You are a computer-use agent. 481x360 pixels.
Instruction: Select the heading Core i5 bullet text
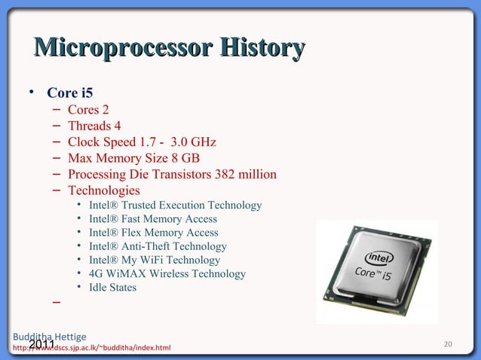tap(70, 94)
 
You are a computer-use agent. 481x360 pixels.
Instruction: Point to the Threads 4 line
tap(94, 126)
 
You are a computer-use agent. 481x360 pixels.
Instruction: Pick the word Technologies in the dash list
tap(104, 191)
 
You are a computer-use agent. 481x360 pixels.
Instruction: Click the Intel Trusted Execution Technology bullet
tap(175, 206)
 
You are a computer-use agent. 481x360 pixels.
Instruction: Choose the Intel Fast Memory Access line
tap(153, 219)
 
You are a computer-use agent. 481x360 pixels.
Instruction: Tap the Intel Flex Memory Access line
tap(154, 233)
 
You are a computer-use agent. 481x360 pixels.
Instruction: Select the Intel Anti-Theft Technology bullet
tap(158, 246)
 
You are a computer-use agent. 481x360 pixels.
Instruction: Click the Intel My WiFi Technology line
tap(155, 260)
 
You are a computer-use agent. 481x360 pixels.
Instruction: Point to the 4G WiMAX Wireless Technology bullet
tap(167, 273)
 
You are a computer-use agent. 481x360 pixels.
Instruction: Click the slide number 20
tap(448, 344)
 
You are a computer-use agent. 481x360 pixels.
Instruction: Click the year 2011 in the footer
tap(42, 345)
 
